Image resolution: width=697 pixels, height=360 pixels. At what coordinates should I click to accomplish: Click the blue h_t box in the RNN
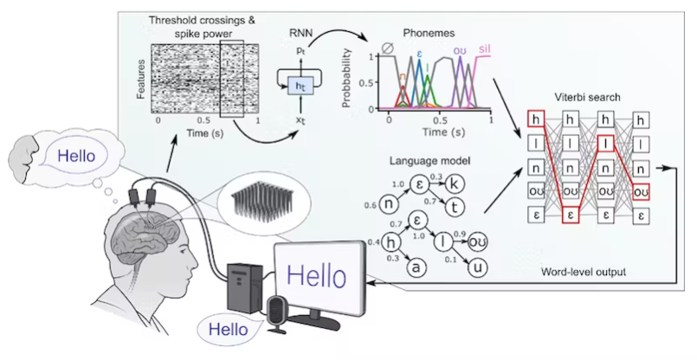(301, 85)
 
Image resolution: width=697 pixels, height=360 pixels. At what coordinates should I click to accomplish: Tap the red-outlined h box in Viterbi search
(536, 119)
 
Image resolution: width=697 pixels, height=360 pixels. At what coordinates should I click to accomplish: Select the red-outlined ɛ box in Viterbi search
(571, 215)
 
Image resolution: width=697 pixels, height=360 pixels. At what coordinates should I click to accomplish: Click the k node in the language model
(455, 184)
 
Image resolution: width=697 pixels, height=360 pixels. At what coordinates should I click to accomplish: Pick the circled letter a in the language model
(416, 267)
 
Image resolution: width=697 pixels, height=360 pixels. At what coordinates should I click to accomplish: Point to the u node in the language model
(477, 267)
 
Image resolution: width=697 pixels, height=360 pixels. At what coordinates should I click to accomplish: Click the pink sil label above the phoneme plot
(484, 48)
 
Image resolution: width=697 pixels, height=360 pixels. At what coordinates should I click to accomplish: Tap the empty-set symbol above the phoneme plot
(388, 48)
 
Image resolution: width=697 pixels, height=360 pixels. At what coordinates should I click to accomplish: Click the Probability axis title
(346, 78)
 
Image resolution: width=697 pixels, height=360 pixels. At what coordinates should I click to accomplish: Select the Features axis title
(141, 79)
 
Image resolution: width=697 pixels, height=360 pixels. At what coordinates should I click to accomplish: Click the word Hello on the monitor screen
(316, 275)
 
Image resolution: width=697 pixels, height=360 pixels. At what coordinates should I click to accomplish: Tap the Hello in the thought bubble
(76, 156)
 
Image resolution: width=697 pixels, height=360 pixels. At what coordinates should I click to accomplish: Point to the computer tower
(245, 287)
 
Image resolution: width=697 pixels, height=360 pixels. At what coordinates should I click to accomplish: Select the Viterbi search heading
(587, 97)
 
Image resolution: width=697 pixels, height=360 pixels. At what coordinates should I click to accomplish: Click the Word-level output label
(583, 272)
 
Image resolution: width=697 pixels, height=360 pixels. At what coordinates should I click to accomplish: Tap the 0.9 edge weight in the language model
(459, 235)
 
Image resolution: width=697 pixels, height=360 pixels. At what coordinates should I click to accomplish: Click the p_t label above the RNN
(301, 50)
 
